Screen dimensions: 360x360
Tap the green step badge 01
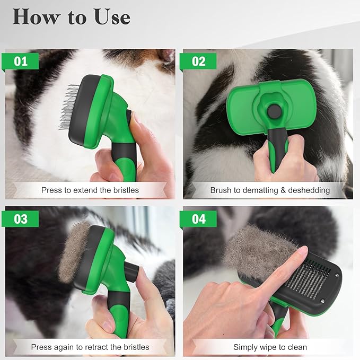21,62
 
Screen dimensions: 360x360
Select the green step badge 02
198,62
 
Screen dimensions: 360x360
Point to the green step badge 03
21,219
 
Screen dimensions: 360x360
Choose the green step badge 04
198,219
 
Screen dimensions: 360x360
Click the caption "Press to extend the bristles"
90,189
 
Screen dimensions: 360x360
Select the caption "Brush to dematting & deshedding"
270,189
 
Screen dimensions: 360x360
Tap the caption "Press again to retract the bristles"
90,347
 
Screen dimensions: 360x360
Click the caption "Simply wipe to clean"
270,347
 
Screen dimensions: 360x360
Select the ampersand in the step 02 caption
280,189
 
